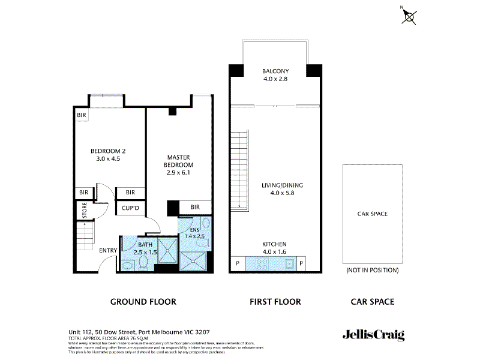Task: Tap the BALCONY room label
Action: point(275,71)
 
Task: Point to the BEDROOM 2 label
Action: point(108,151)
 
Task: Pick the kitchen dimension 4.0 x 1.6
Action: point(275,252)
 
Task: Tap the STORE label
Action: point(84,211)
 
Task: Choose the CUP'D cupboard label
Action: point(130,208)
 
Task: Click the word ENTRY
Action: point(108,250)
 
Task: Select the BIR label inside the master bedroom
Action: point(195,207)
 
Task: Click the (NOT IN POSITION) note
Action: point(372,271)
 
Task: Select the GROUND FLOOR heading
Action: point(143,302)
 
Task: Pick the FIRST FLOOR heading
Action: point(275,302)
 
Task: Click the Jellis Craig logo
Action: point(373,335)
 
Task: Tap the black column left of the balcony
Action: point(236,70)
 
